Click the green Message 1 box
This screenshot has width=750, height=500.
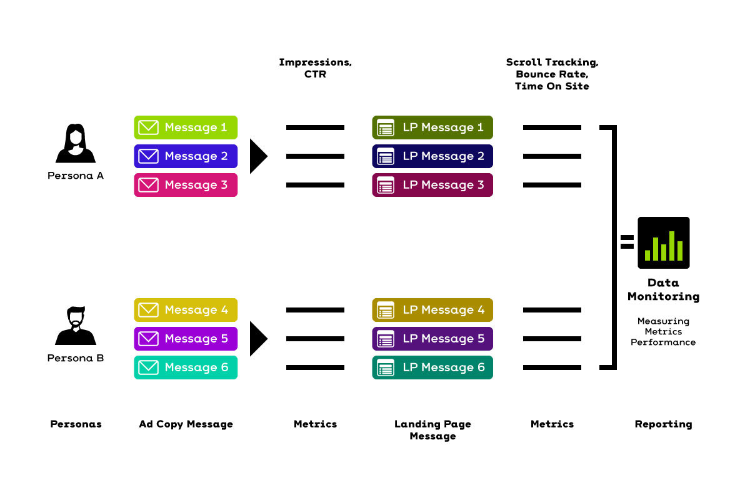[x=186, y=127]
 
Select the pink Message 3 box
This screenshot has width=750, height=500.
[x=186, y=185]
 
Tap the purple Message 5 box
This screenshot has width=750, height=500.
[x=186, y=339]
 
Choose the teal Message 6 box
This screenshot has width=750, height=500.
[x=186, y=367]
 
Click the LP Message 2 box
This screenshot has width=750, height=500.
[x=432, y=156]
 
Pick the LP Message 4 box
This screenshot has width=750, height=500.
[x=432, y=310]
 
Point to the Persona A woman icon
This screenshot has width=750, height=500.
[x=76, y=143]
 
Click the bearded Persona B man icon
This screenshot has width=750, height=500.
[x=76, y=326]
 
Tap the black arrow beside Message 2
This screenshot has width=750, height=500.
[x=258, y=156]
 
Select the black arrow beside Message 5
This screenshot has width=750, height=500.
[x=258, y=339]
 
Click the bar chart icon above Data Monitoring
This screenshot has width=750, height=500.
[x=664, y=242]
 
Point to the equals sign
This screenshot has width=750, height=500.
[x=627, y=242]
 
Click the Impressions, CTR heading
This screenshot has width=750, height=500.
[x=316, y=68]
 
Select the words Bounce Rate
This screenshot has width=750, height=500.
[x=552, y=74]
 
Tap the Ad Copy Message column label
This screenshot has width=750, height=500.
[x=186, y=424]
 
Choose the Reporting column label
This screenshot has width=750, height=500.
[x=663, y=424]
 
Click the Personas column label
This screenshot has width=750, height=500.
[x=76, y=424]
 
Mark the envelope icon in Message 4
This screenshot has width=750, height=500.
[x=148, y=310]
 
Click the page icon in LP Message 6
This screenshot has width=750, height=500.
[x=386, y=367]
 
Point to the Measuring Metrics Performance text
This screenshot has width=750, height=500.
[x=663, y=331]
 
